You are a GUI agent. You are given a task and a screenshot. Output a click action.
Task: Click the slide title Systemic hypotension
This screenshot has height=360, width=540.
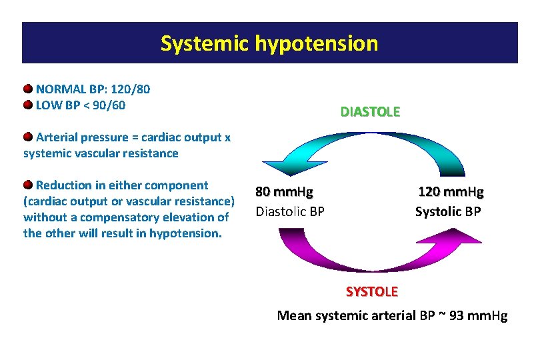click(x=269, y=43)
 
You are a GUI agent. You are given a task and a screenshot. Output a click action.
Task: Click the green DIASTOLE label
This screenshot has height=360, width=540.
click(x=370, y=112)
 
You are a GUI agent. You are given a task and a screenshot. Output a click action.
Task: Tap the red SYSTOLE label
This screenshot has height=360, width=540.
click(x=371, y=291)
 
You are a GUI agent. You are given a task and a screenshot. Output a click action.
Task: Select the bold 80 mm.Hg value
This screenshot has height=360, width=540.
click(x=284, y=193)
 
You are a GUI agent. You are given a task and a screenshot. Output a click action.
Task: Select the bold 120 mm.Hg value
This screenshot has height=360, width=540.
click(x=451, y=193)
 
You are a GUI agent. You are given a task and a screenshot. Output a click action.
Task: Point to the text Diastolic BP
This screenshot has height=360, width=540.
click(x=290, y=212)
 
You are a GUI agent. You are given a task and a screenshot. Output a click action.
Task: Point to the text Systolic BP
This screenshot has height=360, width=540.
click(x=448, y=212)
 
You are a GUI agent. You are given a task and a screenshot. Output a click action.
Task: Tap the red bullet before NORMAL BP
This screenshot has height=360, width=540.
click(x=28, y=89)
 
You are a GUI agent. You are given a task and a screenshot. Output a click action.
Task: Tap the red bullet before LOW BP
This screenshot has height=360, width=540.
click(x=28, y=105)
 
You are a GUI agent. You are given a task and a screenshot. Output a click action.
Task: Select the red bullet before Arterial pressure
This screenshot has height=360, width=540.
click(x=28, y=137)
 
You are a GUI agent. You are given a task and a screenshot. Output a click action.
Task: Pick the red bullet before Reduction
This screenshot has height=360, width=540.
click(x=28, y=185)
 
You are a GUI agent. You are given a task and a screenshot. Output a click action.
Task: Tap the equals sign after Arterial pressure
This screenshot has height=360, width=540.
click(x=135, y=138)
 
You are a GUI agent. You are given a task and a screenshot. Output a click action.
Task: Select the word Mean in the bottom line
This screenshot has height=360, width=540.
click(x=294, y=315)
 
